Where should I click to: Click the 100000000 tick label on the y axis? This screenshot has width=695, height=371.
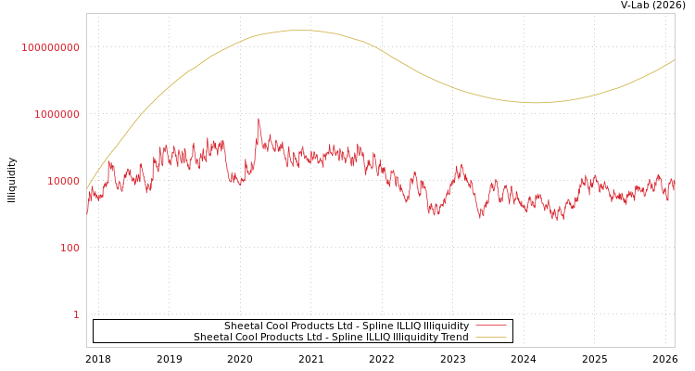pyautogui.click(x=51, y=47)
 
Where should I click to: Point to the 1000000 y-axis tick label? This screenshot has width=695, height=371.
pyautogui.click(x=57, y=114)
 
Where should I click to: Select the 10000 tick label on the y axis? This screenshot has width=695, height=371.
pyautogui.click(x=63, y=181)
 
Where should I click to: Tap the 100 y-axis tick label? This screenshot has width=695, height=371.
pyautogui.click(x=69, y=248)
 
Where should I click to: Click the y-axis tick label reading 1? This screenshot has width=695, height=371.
pyautogui.click(x=76, y=314)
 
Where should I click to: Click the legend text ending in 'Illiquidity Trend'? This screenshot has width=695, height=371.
pyautogui.click(x=331, y=338)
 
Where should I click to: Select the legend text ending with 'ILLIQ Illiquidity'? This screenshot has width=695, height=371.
pyautogui.click(x=347, y=326)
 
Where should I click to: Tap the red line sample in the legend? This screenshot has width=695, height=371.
pyautogui.click(x=490, y=326)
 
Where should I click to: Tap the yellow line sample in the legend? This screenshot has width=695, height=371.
pyautogui.click(x=490, y=338)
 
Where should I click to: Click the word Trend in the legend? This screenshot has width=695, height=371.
pyautogui.click(x=454, y=338)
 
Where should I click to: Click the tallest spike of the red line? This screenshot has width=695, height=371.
pyautogui.click(x=259, y=119)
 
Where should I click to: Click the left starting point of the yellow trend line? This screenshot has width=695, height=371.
pyautogui.click(x=87, y=190)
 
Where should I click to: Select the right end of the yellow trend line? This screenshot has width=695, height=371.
pyautogui.click(x=675, y=60)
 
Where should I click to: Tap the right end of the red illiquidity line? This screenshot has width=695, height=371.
pyautogui.click(x=675, y=185)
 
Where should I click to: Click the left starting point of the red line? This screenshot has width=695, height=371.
pyautogui.click(x=87, y=215)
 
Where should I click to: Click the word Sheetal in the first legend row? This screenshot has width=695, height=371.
pyautogui.click(x=244, y=326)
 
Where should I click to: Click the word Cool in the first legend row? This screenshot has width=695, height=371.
pyautogui.click(x=279, y=326)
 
